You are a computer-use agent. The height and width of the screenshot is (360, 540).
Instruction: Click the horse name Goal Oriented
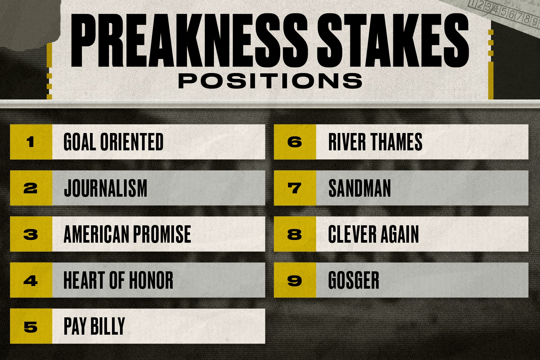pos(113,142)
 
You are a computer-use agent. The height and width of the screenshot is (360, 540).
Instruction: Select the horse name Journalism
pos(105,188)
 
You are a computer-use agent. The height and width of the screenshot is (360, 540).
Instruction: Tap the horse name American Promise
pos(127,234)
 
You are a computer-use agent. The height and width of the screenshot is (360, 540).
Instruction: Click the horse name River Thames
pos(375,142)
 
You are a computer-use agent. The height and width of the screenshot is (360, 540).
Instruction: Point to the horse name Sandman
pos(359,188)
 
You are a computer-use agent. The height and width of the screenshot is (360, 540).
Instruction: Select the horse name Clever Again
pos(373,234)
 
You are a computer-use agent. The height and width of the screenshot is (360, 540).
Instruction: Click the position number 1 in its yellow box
pos(31,142)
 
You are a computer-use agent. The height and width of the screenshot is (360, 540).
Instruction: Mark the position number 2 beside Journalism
pos(31,188)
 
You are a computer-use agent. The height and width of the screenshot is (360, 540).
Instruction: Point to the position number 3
pos(31,234)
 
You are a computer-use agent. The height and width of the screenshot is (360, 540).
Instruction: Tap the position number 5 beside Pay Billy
pos(31,327)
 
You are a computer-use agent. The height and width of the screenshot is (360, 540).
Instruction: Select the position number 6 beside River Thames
pos(295,142)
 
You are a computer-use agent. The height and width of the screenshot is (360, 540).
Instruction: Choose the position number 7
pos(295,188)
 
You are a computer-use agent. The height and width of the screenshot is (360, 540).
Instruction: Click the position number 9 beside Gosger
pos(295,281)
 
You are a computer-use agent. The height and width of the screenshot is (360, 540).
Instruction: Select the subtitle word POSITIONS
pos(270,81)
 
